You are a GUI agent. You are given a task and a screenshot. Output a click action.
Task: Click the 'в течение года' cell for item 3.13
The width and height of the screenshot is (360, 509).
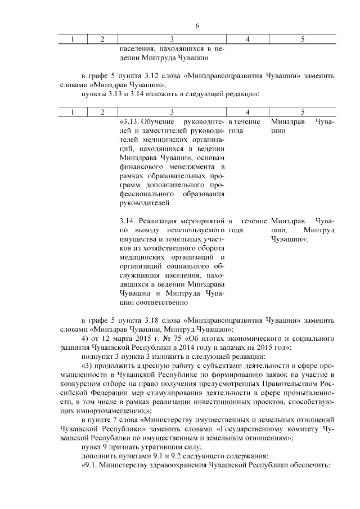click(244, 126)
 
